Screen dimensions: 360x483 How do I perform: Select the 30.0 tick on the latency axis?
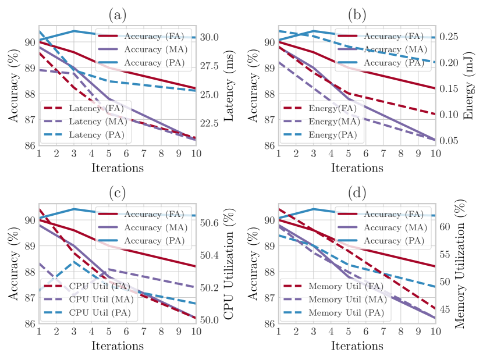[209, 37]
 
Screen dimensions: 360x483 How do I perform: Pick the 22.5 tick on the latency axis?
[209, 123]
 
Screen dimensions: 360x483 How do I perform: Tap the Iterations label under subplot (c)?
[117, 346]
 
